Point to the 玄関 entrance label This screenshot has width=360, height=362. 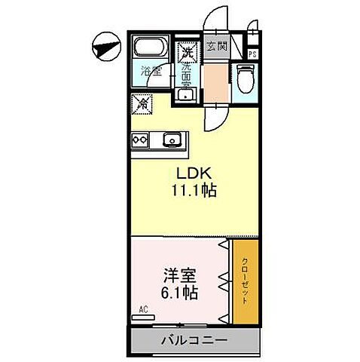(x=217, y=44)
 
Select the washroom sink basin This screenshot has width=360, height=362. (x=187, y=94)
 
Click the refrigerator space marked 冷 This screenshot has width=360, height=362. (x=142, y=102)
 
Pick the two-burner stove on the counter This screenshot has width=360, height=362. (x=141, y=139)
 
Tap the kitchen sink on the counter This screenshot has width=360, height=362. (x=172, y=139)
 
